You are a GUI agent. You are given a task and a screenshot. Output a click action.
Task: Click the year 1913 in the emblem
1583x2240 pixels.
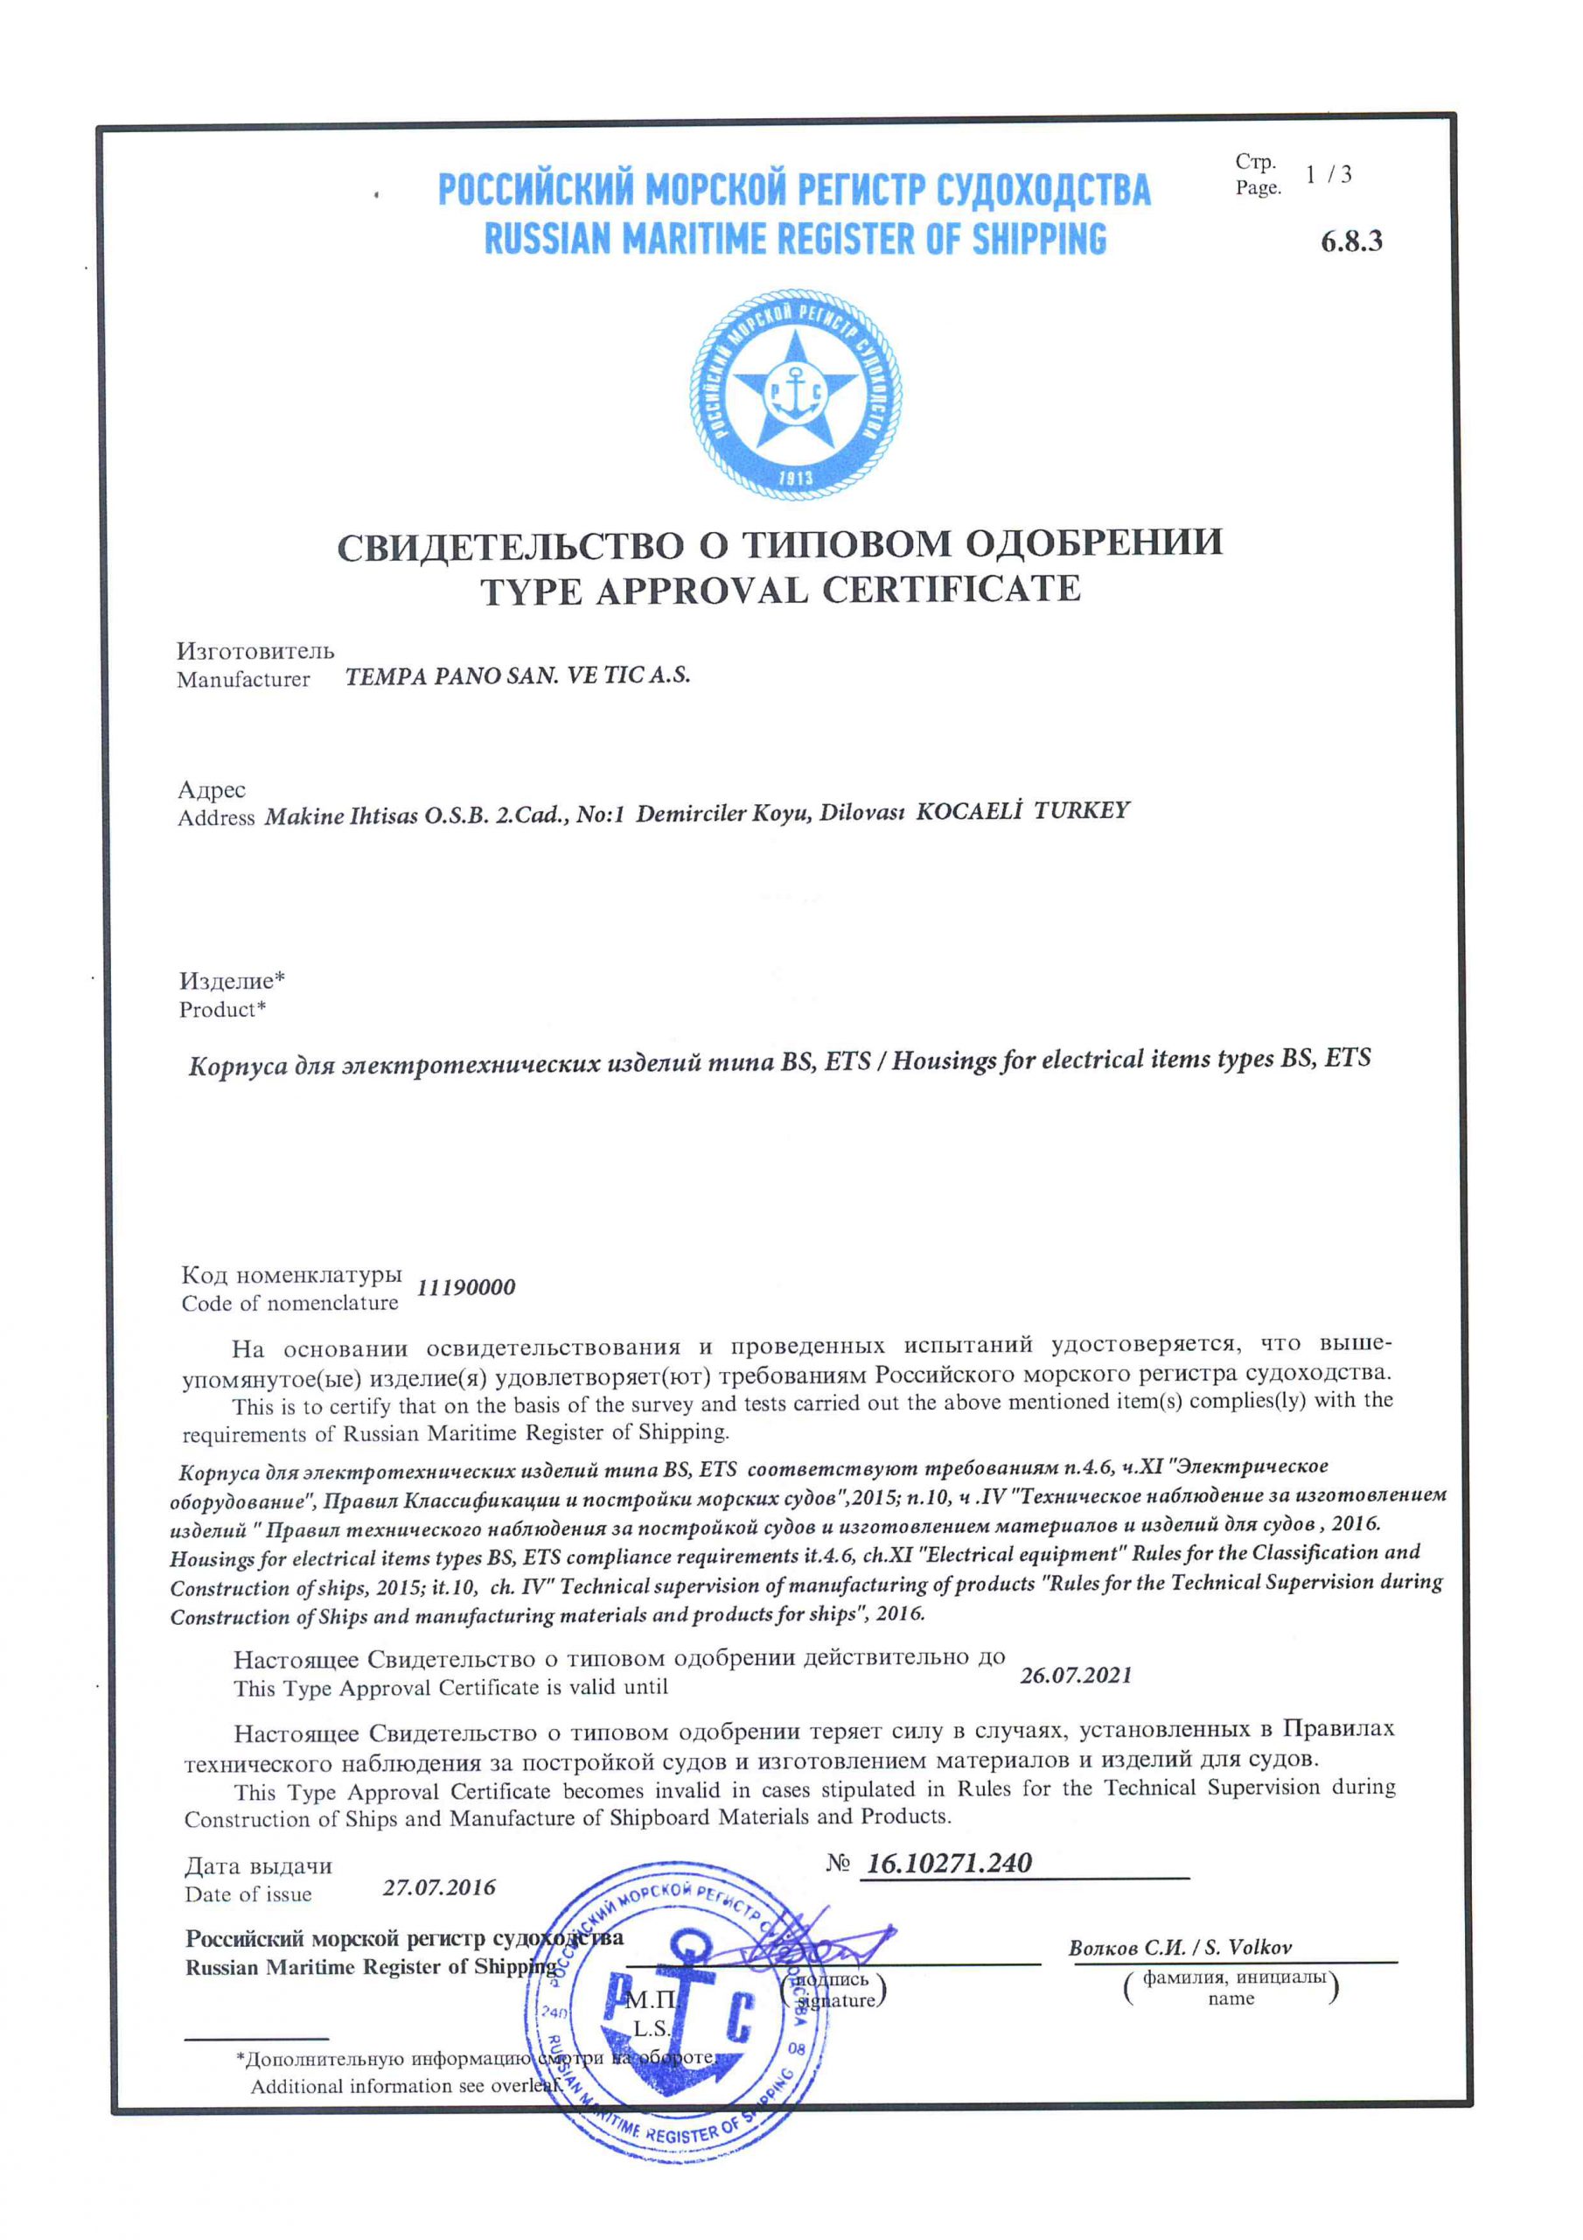[796, 478]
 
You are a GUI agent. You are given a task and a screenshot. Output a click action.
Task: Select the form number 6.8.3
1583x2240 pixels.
[1351, 241]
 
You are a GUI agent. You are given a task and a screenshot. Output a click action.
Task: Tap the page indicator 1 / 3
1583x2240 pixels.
[1328, 175]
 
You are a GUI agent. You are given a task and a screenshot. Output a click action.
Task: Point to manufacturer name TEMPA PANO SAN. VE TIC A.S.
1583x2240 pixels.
[517, 676]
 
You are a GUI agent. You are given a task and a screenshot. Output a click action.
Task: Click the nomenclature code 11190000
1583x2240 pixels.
[466, 1288]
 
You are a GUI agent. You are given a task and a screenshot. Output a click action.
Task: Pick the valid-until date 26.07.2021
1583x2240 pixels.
[1076, 1675]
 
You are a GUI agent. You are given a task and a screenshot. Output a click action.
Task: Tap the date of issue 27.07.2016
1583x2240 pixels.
[439, 1886]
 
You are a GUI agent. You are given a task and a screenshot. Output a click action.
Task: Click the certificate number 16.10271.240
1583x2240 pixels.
[948, 1863]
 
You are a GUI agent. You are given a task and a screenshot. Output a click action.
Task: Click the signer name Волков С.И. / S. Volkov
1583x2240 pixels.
[1180, 1948]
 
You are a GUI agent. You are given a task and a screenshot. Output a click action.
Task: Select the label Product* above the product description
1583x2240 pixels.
[222, 1010]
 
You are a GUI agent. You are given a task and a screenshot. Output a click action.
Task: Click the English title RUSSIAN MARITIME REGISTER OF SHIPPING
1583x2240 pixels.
[795, 239]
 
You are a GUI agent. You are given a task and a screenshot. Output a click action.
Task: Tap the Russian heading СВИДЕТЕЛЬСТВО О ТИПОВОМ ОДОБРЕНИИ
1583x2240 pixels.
[779, 543]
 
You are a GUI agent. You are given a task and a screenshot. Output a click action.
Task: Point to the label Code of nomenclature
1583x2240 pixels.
[289, 1304]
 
